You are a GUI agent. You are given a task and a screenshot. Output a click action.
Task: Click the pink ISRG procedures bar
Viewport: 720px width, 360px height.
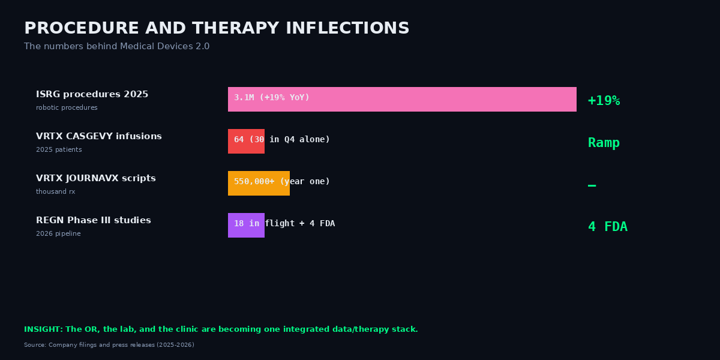pos(402,99)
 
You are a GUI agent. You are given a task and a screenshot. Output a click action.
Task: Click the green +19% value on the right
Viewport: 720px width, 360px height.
pos(604,101)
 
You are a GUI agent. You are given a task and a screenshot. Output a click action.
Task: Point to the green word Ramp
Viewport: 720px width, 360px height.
pos(604,143)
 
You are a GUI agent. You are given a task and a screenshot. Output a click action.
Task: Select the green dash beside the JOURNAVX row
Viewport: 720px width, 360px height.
pos(592,185)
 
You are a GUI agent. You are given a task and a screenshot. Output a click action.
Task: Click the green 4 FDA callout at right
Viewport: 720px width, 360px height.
pos(607,227)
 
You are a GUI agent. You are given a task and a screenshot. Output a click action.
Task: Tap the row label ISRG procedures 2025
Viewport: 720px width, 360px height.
pos(92,95)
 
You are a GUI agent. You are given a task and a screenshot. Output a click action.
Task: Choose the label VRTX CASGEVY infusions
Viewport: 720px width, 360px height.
pos(98,137)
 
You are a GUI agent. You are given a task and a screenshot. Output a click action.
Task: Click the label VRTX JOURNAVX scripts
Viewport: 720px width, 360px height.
pos(95,179)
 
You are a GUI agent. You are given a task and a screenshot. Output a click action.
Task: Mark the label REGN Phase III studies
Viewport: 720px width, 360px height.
pos(93,221)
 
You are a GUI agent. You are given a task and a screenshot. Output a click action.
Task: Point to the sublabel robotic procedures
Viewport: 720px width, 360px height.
pos(67,108)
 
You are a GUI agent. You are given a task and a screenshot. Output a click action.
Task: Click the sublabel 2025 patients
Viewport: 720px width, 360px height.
pos(59,150)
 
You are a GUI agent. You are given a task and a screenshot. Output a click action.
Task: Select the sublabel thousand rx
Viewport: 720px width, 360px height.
pos(55,192)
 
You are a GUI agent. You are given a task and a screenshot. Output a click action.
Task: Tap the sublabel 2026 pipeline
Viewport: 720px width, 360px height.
pos(58,234)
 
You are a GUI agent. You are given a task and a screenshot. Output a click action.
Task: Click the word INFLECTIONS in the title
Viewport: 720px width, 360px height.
pos(346,29)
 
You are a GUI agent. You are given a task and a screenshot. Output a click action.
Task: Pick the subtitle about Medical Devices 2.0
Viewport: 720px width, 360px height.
pos(116,47)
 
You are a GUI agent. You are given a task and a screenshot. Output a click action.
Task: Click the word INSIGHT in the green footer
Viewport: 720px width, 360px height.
pos(43,329)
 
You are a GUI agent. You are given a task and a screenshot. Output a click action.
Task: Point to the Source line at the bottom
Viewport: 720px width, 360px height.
pos(109,345)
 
